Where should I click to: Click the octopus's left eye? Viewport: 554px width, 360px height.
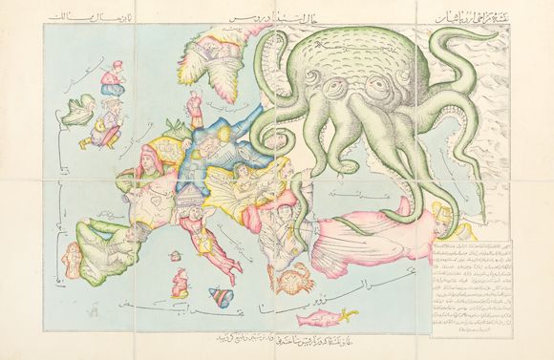pyautogui.click(x=337, y=86)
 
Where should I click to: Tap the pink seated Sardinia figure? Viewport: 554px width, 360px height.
pyautogui.click(x=178, y=283)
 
